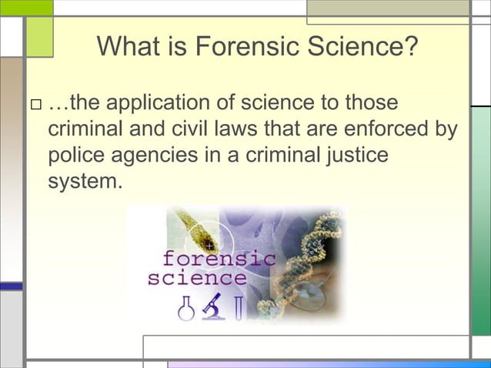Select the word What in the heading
(x=128, y=49)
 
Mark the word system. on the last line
(x=85, y=182)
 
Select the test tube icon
(x=239, y=307)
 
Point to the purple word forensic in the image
(x=217, y=259)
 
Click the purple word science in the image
(x=197, y=278)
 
